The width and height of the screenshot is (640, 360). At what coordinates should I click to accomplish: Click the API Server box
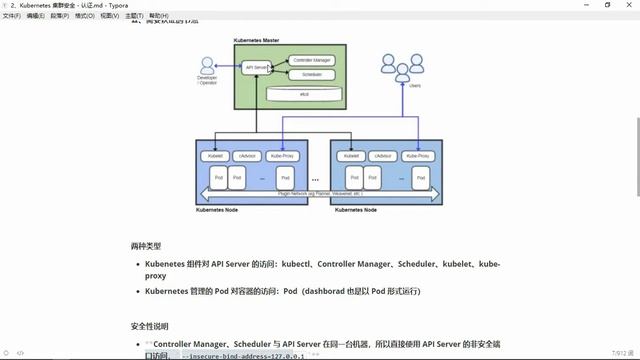(x=256, y=67)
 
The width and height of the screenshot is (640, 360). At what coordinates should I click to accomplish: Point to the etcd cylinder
(x=303, y=92)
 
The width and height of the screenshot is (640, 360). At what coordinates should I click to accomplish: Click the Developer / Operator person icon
(x=207, y=66)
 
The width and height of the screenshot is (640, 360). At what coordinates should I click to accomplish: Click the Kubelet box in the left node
(x=214, y=156)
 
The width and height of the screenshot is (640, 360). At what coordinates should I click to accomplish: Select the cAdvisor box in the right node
(x=382, y=156)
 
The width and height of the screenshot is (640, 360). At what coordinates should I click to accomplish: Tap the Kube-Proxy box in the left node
(x=282, y=156)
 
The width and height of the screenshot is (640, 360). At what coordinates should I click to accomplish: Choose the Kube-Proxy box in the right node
(x=418, y=156)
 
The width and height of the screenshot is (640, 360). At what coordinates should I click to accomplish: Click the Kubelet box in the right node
(x=350, y=156)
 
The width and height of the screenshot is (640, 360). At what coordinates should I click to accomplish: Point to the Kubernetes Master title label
(x=256, y=40)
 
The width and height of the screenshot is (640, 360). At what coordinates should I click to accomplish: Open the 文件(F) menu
(x=11, y=16)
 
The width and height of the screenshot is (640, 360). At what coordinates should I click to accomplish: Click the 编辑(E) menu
(x=35, y=16)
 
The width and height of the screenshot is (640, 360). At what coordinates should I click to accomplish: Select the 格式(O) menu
(x=85, y=16)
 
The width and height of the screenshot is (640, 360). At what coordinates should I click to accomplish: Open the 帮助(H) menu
(x=158, y=16)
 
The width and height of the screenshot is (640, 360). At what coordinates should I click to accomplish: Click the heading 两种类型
(x=145, y=245)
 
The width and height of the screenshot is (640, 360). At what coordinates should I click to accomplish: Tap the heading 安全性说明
(x=150, y=326)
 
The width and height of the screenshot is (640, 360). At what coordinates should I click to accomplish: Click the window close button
(x=627, y=5)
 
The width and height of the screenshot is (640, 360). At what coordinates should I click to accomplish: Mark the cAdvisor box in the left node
(x=247, y=156)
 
